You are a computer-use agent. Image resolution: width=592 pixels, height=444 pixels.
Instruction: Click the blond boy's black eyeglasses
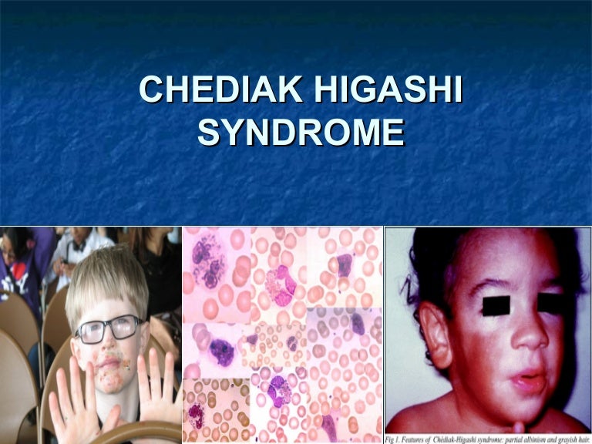click(x=107, y=328)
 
